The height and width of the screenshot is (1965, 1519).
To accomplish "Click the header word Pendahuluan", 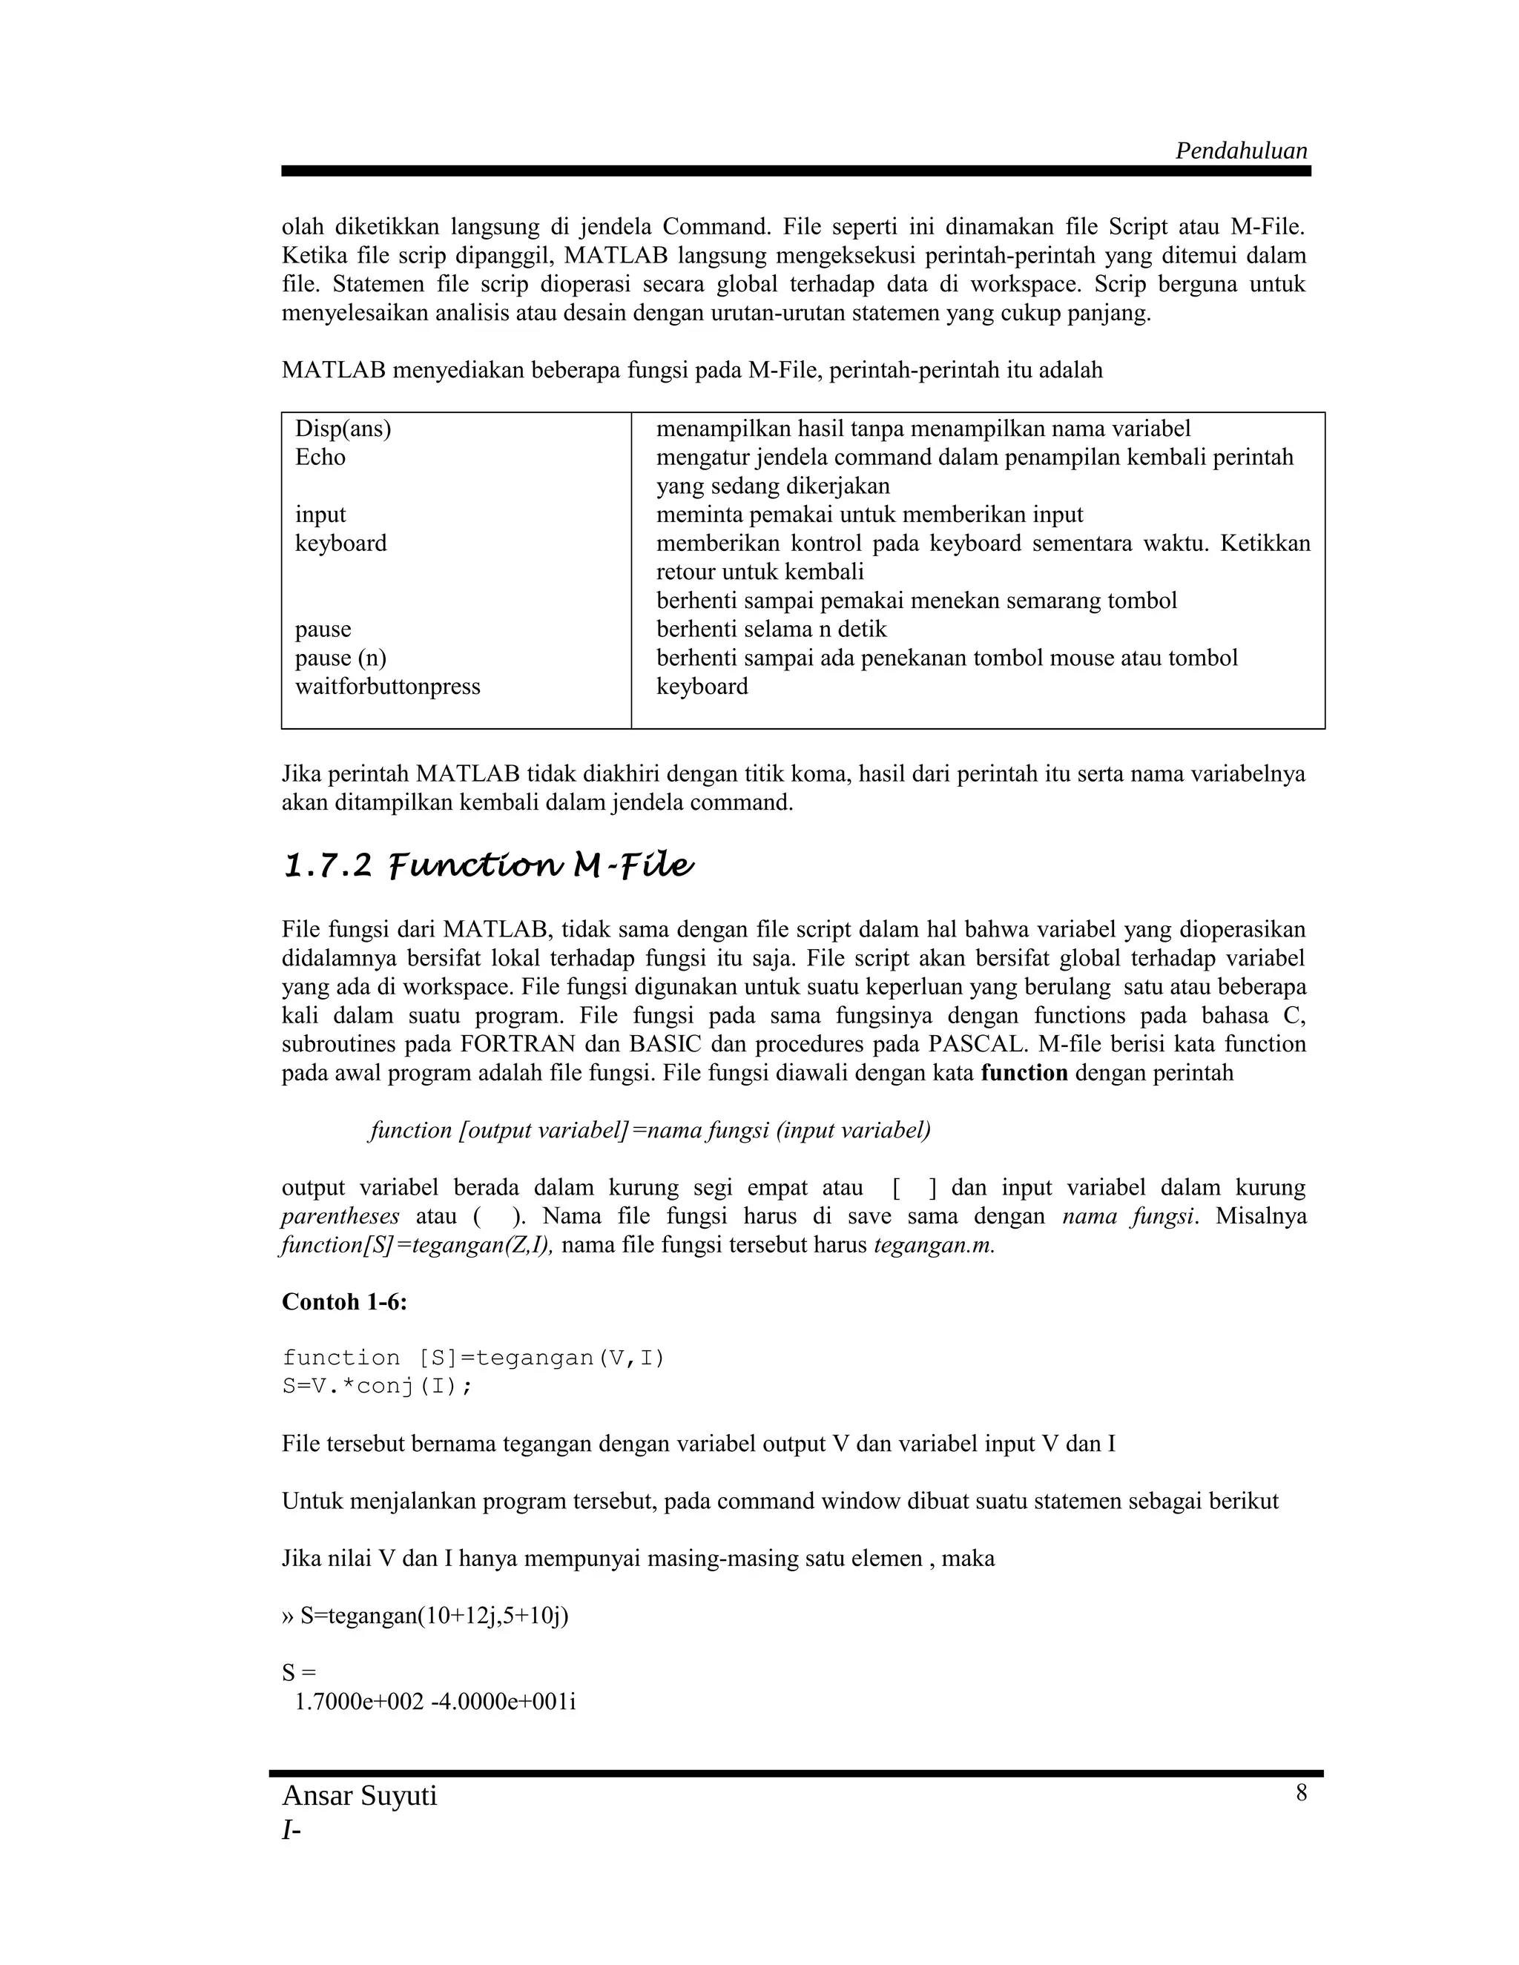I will pos(1241,151).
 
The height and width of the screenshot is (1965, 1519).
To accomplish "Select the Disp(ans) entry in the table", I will pos(343,429).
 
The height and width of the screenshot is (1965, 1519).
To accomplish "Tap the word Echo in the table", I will pos(320,458).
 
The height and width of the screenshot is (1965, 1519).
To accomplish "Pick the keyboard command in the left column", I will pos(341,544).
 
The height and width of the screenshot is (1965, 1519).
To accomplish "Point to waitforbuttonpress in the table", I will pos(388,687).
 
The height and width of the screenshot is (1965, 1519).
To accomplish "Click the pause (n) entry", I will pos(341,658).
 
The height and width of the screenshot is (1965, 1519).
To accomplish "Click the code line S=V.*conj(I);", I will pos(377,1387).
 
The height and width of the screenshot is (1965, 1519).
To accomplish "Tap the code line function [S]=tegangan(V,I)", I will pos(473,1358).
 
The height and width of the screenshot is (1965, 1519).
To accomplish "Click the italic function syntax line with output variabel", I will pos(650,1131).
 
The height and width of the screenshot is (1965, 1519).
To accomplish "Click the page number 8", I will pos(1301,1793).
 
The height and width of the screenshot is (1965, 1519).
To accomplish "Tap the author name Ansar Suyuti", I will pos(359,1796).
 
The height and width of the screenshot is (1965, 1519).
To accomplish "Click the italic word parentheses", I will pos(340,1218).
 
